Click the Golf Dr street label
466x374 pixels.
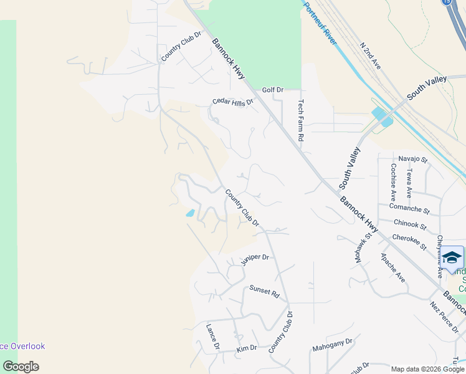tap(272, 90)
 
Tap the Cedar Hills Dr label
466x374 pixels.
tap(233, 102)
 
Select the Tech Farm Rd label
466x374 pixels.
tap(302, 120)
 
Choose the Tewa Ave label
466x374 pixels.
tap(409, 183)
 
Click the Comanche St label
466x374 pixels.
tap(409, 207)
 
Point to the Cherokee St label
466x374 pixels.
tap(409, 242)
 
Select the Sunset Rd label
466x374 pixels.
tap(264, 290)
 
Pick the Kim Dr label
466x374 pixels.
tap(247, 349)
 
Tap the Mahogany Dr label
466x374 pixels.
tap(333, 344)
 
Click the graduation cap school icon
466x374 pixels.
tap(453, 257)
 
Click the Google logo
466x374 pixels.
tap(21, 367)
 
